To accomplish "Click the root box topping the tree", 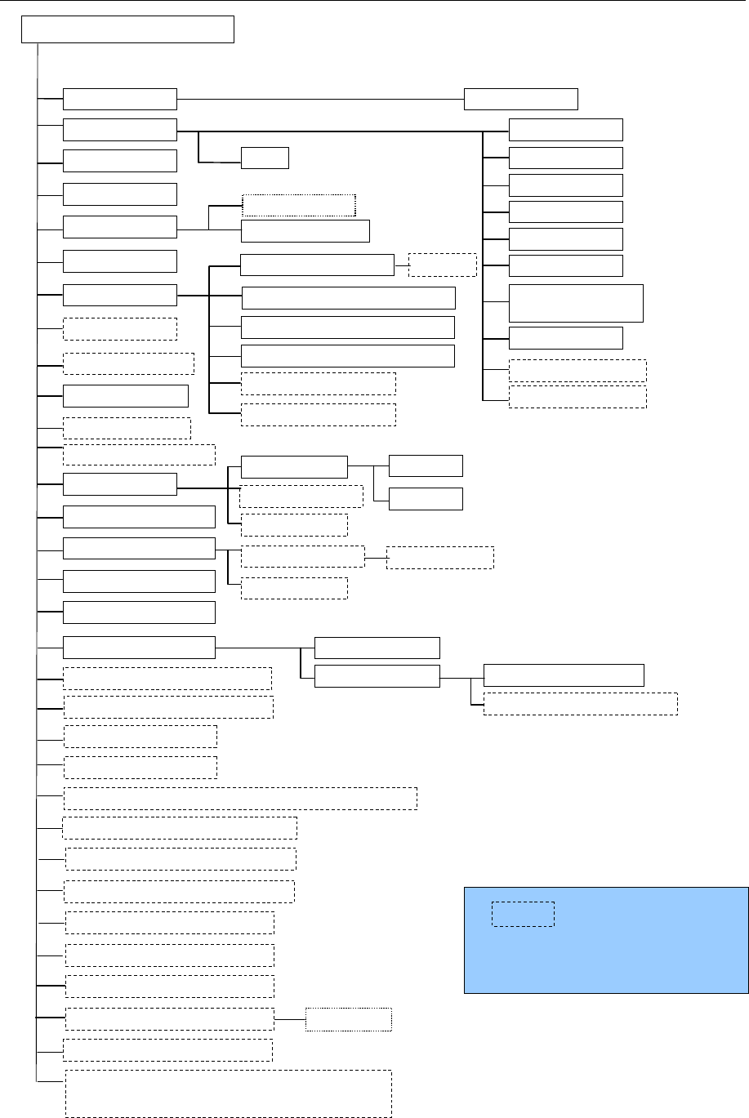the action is (127, 29).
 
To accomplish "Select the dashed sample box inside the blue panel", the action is (523, 914).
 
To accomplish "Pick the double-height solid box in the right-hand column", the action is (576, 303).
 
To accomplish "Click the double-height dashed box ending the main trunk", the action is (228, 1093).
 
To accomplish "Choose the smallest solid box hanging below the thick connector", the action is (265, 158).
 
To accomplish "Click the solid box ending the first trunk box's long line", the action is (521, 99).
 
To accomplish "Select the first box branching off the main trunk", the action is (120, 99).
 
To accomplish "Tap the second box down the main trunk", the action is (120, 130).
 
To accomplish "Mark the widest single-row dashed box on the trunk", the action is (240, 798).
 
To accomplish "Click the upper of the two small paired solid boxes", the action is (426, 465).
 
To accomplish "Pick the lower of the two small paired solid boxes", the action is (426, 498).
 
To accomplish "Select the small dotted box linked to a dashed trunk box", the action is (349, 1019).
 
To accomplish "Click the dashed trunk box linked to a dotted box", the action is (168, 1019).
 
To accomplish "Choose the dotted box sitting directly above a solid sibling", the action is (298, 205).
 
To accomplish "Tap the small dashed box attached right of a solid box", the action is (442, 265).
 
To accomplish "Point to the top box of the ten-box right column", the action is (565, 130).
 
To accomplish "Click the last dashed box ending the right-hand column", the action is (577, 397).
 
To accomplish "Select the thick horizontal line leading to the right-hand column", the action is (343, 131).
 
